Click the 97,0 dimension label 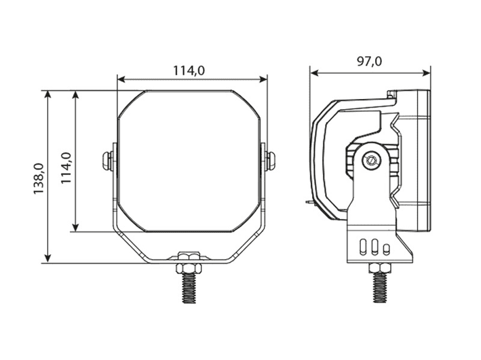pyautogui.click(x=370, y=62)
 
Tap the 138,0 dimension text pyautogui.click(x=39, y=179)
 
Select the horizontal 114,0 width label pyautogui.click(x=189, y=71)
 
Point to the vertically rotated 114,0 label pyautogui.click(x=66, y=168)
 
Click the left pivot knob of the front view pyautogui.click(x=107, y=161)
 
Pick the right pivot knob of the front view pyautogui.click(x=270, y=161)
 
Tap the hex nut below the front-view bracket pyautogui.click(x=189, y=269)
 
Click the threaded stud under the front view pyautogui.click(x=189, y=288)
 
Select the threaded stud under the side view pyautogui.click(x=380, y=287)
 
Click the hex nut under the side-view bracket pyautogui.click(x=381, y=268)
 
